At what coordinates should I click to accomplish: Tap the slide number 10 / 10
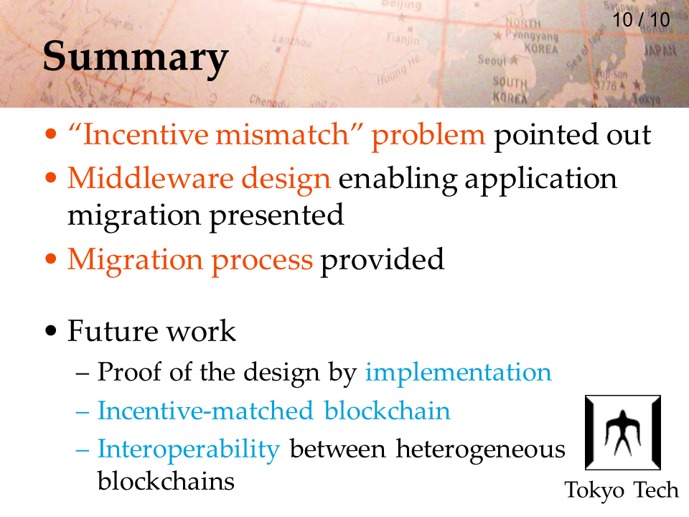[641, 20]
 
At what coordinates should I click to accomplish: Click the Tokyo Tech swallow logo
[623, 432]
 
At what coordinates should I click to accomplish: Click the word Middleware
[150, 179]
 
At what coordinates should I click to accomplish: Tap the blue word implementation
[459, 373]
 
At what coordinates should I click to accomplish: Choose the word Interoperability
[189, 450]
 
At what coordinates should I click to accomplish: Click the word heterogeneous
[481, 450]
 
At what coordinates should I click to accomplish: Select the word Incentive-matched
[205, 411]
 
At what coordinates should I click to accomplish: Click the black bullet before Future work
[51, 330]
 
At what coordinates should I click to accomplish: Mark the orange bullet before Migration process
[51, 258]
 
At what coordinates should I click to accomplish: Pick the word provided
[383, 260]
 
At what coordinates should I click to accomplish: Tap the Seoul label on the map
[492, 60]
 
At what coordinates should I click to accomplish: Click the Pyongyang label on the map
[531, 35]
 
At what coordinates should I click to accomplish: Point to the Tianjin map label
[403, 39]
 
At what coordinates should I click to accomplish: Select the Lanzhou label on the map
[292, 41]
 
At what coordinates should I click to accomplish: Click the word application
[541, 180]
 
